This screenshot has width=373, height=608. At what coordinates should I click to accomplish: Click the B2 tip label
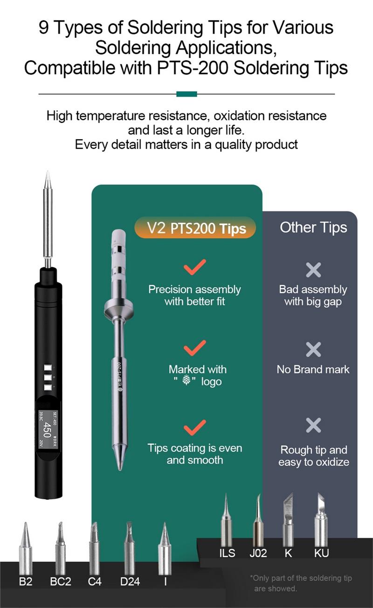[x=26, y=581]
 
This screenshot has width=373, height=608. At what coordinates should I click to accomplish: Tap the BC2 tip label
[x=61, y=581]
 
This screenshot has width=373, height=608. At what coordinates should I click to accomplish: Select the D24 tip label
[x=130, y=581]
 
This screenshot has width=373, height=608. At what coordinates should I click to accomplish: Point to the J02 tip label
[x=258, y=553]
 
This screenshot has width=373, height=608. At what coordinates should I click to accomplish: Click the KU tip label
[x=321, y=553]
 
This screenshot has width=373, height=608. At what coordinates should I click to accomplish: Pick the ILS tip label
[x=227, y=553]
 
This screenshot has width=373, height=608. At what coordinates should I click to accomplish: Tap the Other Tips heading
[x=313, y=227]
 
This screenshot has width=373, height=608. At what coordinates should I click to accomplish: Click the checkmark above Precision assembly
[x=194, y=267]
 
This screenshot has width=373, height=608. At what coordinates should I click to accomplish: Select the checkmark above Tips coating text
[x=194, y=428]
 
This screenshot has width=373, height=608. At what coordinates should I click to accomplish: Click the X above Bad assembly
[x=313, y=270]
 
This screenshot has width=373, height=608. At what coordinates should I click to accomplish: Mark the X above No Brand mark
[x=313, y=349]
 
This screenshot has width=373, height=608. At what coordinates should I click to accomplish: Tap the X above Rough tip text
[x=313, y=425]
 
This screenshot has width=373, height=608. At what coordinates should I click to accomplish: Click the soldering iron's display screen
[x=48, y=429]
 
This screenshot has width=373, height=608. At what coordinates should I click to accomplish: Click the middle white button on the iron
[x=48, y=377]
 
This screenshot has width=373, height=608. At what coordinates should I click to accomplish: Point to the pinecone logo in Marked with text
[x=186, y=380]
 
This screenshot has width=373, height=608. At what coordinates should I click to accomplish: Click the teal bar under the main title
[x=186, y=94]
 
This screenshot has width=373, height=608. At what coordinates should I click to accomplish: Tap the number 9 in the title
[x=44, y=28]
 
